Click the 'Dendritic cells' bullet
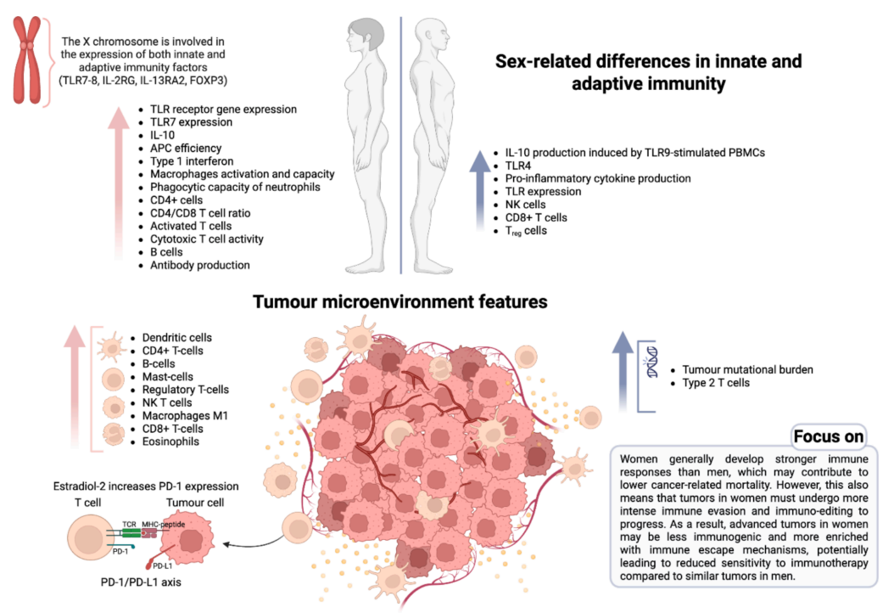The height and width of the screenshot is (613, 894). coord(177,338)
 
